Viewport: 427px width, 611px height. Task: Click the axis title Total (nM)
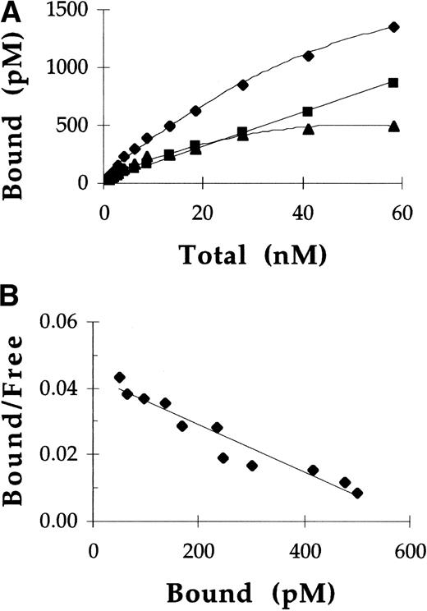pyautogui.click(x=256, y=257)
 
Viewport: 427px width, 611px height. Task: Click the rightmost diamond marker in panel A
pyautogui.click(x=393, y=27)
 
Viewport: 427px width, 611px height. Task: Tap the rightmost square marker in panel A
pyautogui.click(x=393, y=82)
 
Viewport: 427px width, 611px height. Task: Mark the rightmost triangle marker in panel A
pyautogui.click(x=393, y=126)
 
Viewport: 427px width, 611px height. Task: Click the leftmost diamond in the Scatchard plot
pyautogui.click(x=119, y=377)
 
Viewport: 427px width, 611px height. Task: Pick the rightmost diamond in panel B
pyautogui.click(x=357, y=493)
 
